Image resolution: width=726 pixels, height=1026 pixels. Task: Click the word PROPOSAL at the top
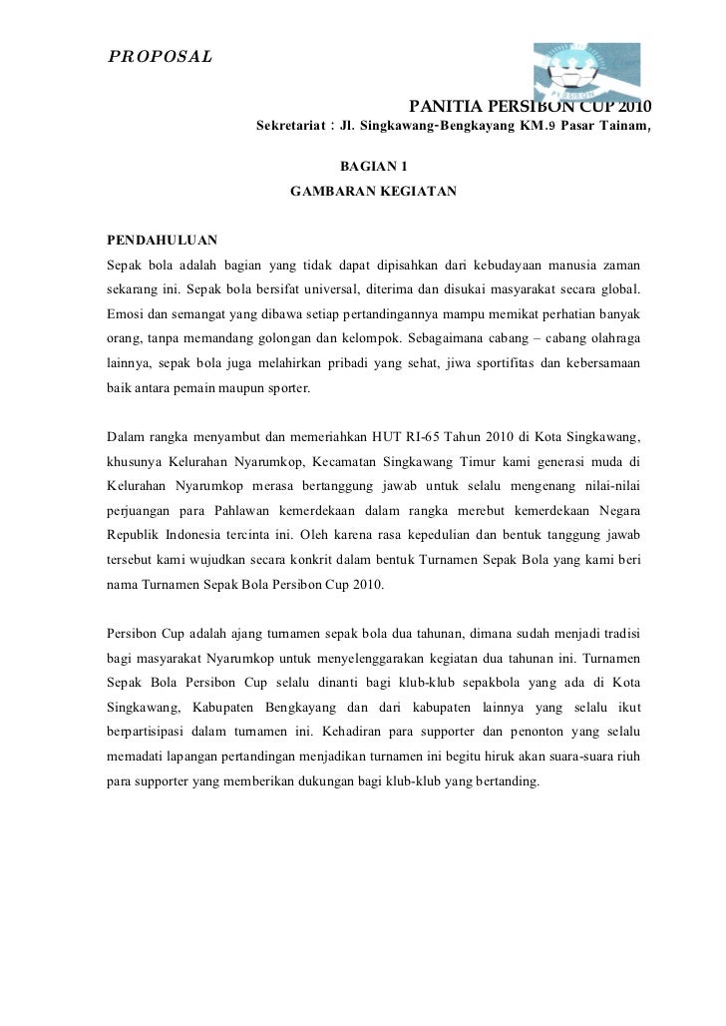(160, 55)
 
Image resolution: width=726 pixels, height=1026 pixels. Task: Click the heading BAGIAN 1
(374, 166)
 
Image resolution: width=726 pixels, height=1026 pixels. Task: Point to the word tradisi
(618, 633)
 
